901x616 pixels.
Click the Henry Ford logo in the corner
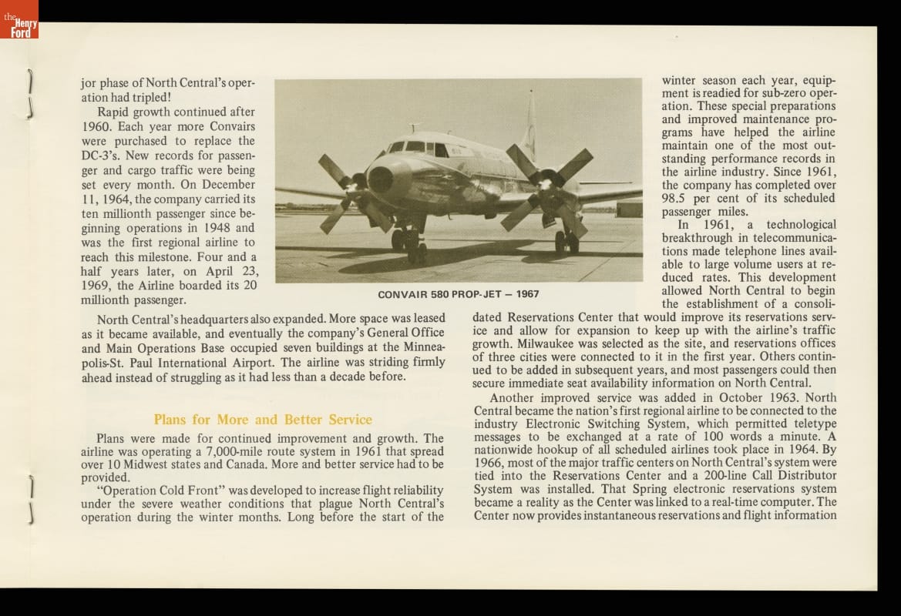click(x=19, y=20)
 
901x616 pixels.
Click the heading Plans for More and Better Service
click(x=263, y=420)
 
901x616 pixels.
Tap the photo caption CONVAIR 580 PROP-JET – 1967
click(x=459, y=294)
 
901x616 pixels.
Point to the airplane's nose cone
click(x=381, y=179)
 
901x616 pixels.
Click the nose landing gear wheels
click(x=409, y=239)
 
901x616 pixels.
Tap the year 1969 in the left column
click(x=97, y=286)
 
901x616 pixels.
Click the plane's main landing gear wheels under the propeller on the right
click(x=566, y=243)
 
